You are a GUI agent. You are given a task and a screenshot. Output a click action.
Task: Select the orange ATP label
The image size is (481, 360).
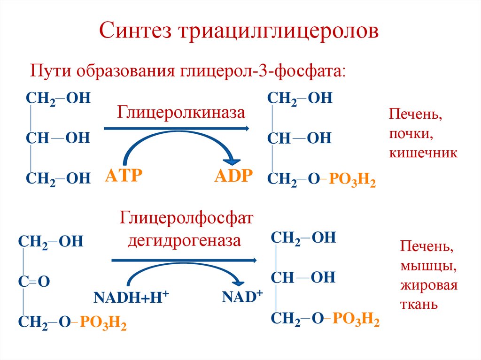click(x=124, y=176)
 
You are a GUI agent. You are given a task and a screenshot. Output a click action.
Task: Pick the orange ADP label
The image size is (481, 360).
click(x=234, y=176)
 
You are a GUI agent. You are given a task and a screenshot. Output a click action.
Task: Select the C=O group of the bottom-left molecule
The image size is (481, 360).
click(x=34, y=282)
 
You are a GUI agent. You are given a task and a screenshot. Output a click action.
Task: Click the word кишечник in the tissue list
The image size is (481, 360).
click(x=423, y=153)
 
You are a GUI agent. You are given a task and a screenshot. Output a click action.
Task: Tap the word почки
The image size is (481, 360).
click(x=410, y=134)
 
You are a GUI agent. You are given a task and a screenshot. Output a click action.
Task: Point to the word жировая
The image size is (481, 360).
click(x=428, y=286)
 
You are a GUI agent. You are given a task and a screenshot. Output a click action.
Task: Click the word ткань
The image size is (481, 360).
click(x=419, y=304)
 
